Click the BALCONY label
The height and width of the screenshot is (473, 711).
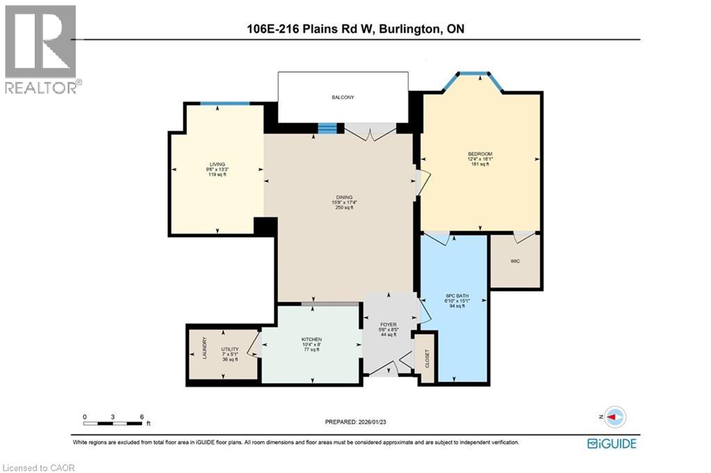[342, 97]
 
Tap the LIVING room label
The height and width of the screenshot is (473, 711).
[217, 165]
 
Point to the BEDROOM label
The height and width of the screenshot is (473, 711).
[480, 153]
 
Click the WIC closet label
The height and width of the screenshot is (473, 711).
[515, 262]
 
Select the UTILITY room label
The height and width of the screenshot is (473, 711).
[230, 349]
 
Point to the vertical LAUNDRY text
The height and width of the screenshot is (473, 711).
[204, 349]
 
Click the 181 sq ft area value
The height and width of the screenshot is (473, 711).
[480, 164]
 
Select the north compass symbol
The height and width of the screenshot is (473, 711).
[613, 417]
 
